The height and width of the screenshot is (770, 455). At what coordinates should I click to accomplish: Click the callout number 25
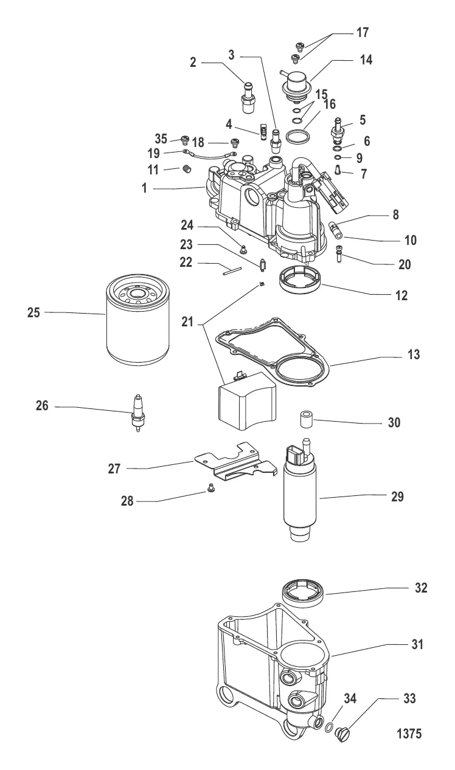coord(33,312)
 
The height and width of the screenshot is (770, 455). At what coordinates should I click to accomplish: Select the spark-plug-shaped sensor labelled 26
coord(137,413)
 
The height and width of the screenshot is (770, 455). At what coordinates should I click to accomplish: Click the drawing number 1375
coord(409,734)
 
